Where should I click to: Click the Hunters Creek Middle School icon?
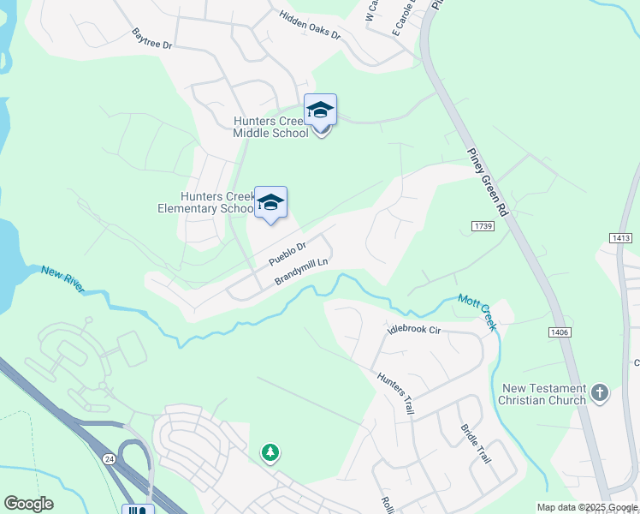click(x=321, y=110)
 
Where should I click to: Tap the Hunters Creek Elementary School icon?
click(x=270, y=202)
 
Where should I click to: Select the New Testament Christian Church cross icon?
click(x=599, y=393)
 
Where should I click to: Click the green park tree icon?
click(x=270, y=451)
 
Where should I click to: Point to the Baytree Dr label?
click(x=151, y=40)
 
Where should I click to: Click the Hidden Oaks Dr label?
click(x=310, y=26)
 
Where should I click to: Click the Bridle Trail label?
click(x=475, y=444)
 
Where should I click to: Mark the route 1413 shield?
click(x=621, y=236)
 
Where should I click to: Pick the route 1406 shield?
click(x=560, y=332)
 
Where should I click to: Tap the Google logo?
click(x=28, y=504)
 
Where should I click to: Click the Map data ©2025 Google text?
click(x=587, y=507)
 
